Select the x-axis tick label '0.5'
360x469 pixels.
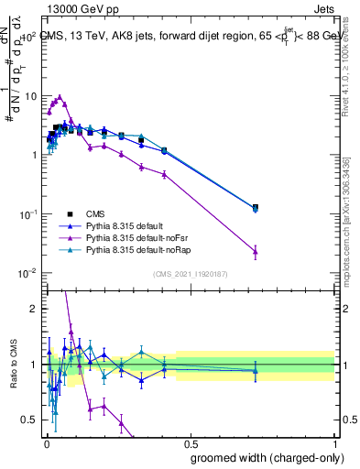(191, 442)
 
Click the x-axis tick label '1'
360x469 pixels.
(335, 442)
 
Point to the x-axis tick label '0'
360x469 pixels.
(47, 442)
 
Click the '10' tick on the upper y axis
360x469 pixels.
(30, 96)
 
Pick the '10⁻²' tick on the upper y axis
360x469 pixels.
(27, 273)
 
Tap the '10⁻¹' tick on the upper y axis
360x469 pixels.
(27, 214)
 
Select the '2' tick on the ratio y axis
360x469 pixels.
(35, 309)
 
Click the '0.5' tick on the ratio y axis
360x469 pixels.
(30, 420)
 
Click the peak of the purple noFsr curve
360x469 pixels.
(60, 97)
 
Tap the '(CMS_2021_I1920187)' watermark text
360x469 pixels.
(190, 274)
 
